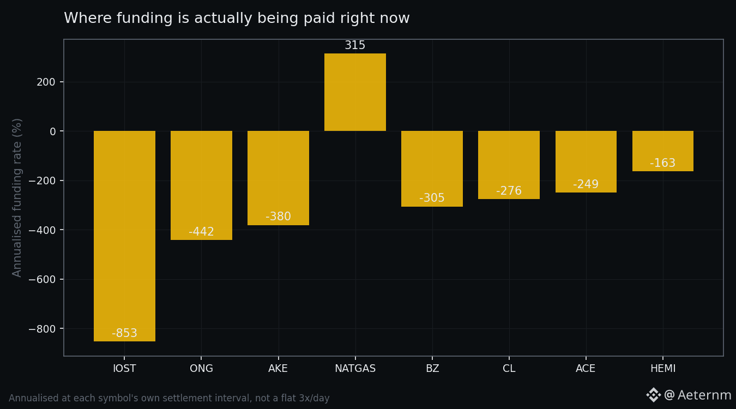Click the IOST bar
click(x=124, y=236)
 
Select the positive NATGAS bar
click(x=355, y=92)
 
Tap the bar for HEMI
click(x=663, y=151)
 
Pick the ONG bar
click(x=201, y=185)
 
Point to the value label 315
click(x=355, y=45)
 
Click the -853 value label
click(x=124, y=333)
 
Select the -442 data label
click(x=201, y=232)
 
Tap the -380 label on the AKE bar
click(x=278, y=216)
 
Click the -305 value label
click(x=432, y=198)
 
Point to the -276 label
click(x=509, y=191)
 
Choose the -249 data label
click(x=586, y=184)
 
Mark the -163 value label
click(x=663, y=163)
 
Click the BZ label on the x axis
click(x=432, y=368)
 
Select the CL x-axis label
click(x=509, y=368)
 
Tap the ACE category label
click(x=586, y=368)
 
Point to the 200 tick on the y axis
click(x=46, y=82)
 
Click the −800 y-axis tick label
click(x=42, y=329)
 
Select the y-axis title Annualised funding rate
click(x=17, y=197)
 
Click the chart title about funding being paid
click(x=237, y=18)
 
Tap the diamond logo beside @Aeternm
click(x=653, y=395)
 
